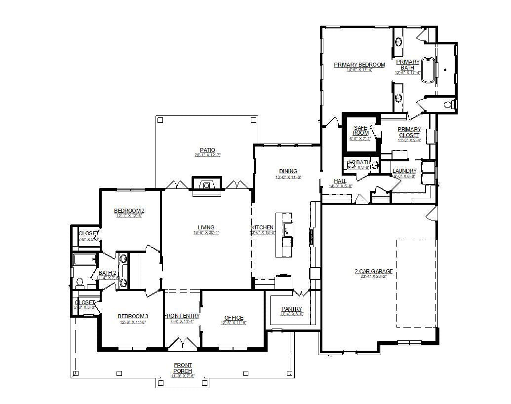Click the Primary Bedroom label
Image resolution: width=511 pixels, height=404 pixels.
(359, 65)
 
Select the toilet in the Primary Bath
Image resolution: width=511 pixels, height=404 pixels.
(449, 104)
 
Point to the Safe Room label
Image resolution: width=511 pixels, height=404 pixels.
(360, 130)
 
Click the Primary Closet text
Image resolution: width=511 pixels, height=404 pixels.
(409, 132)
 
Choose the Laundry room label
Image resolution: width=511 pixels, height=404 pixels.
(404, 171)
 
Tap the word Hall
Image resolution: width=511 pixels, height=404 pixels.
(340, 181)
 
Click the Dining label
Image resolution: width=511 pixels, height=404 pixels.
(288, 171)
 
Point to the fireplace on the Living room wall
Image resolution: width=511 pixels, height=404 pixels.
(207, 185)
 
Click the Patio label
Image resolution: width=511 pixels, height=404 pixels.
(207, 150)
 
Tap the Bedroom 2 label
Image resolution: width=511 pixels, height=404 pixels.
(129, 211)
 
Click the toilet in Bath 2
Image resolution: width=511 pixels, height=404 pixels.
(80, 283)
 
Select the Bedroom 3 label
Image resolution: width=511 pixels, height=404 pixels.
(133, 316)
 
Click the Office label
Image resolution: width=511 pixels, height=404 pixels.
(234, 318)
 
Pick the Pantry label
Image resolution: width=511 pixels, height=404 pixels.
(291, 309)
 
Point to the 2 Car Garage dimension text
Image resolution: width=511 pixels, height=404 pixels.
(373, 277)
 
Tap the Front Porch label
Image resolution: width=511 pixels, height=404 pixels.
(183, 368)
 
